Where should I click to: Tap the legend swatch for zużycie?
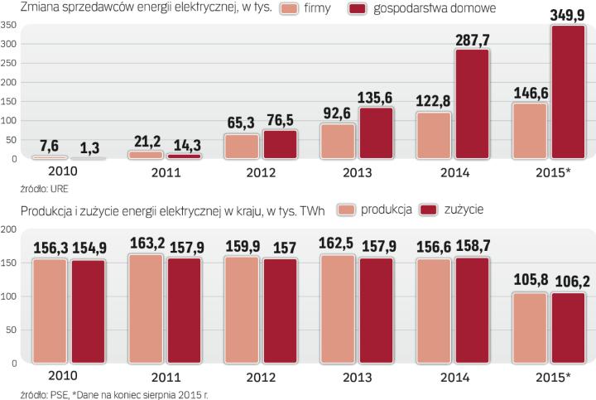tap(430, 210)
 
